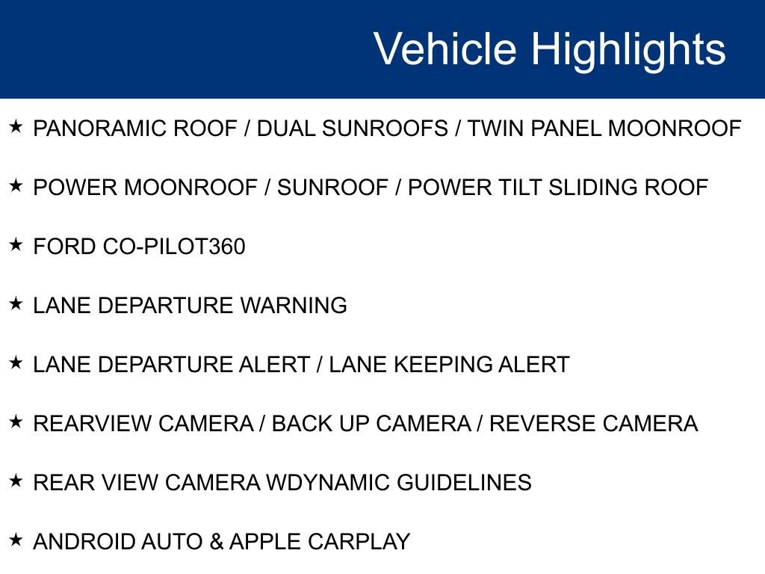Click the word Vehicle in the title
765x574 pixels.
[x=445, y=49]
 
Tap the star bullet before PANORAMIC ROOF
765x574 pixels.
[x=16, y=127]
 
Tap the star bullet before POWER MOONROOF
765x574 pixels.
[x=16, y=186]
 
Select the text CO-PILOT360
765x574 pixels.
[x=173, y=247]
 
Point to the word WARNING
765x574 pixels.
[x=294, y=306]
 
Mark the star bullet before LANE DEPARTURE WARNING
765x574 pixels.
[x=16, y=304]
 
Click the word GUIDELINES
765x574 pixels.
[x=464, y=483]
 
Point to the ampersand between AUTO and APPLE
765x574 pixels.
[x=217, y=542]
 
